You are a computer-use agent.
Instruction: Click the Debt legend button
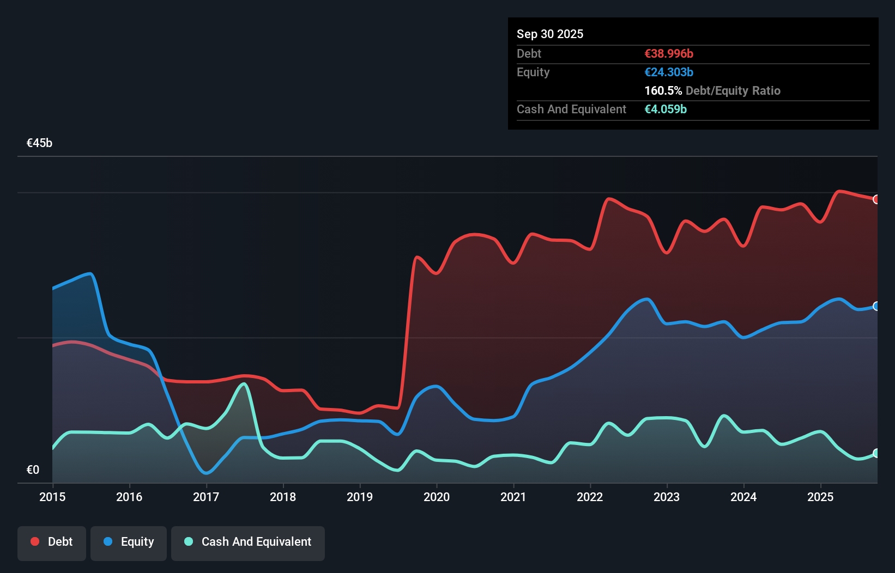pyautogui.click(x=52, y=542)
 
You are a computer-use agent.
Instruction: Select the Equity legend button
pyautogui.click(x=129, y=542)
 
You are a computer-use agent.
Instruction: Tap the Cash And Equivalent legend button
pyautogui.click(x=248, y=542)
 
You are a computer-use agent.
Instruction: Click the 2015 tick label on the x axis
pyautogui.click(x=52, y=497)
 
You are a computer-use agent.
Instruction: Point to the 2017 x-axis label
pyautogui.click(x=206, y=497)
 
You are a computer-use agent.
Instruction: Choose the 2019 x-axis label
pyautogui.click(x=360, y=497)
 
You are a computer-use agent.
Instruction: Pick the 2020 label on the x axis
pyautogui.click(x=437, y=497)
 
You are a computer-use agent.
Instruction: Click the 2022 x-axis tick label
pyautogui.click(x=590, y=497)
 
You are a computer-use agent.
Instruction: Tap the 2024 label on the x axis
pyautogui.click(x=743, y=497)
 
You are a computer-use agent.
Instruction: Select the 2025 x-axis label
pyautogui.click(x=820, y=497)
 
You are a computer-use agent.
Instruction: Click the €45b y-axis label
pyautogui.click(x=40, y=143)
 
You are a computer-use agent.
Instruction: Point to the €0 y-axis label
pyautogui.click(x=33, y=470)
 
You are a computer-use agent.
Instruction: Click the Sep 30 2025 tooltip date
pyautogui.click(x=550, y=34)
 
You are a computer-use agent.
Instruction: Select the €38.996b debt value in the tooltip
pyautogui.click(x=669, y=53)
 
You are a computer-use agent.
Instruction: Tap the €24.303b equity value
pyautogui.click(x=669, y=72)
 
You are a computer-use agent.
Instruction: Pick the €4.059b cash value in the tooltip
pyautogui.click(x=666, y=109)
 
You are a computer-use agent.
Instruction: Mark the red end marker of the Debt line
pyautogui.click(x=876, y=199)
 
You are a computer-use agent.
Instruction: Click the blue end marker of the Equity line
pyautogui.click(x=876, y=306)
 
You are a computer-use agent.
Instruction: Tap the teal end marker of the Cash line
pyautogui.click(x=876, y=453)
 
